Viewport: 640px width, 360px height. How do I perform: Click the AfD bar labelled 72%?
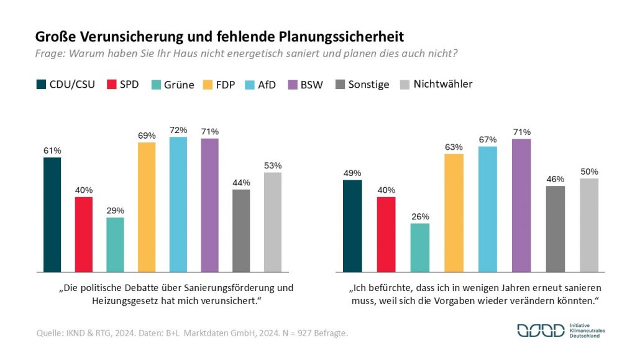178,205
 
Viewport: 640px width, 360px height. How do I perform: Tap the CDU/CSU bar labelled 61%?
52,215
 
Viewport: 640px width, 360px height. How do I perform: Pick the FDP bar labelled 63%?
454,213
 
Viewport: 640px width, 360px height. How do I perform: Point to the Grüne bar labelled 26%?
420,247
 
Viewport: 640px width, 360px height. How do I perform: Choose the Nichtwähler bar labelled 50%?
589,225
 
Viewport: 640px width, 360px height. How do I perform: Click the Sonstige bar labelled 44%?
241,231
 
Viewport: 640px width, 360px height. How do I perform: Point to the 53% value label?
273,165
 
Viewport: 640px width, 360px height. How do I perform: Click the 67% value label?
488,139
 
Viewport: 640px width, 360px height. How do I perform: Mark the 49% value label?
352,173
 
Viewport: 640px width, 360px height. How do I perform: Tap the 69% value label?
147,135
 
